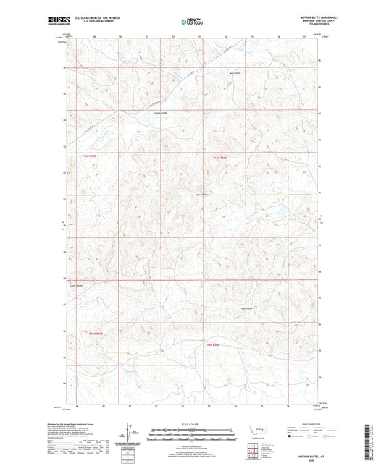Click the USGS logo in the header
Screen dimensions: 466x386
(x=53, y=22)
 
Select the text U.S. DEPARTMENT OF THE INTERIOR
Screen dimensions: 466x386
(x=91, y=19)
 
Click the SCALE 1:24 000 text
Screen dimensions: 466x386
(x=192, y=424)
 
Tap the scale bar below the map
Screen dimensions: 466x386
(x=192, y=436)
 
